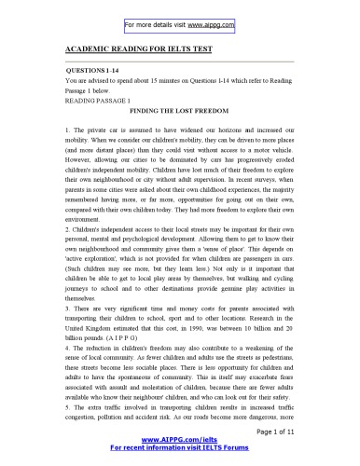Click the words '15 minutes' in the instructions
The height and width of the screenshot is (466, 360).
tap(182, 82)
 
